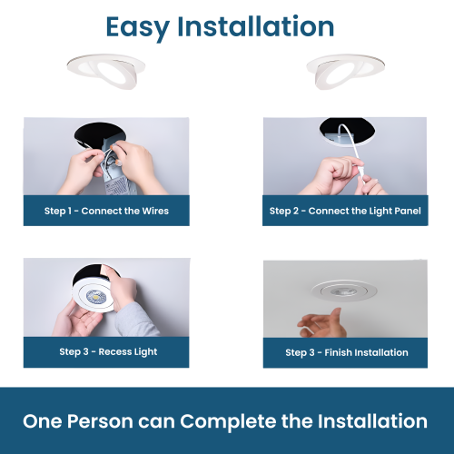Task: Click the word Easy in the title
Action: [138, 28]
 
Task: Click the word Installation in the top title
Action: [256, 26]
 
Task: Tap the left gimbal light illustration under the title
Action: [106, 71]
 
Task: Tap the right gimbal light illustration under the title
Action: [346, 71]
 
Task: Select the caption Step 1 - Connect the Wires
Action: [106, 211]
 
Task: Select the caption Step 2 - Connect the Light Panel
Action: [345, 211]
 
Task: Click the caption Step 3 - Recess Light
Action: [108, 351]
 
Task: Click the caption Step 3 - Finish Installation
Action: [347, 352]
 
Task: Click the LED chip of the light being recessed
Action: [96, 297]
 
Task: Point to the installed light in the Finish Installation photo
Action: [344, 290]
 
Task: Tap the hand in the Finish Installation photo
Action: [323, 323]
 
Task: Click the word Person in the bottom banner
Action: [100, 421]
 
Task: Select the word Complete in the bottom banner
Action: [228, 422]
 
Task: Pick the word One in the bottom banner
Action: [43, 421]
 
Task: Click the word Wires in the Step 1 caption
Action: [155, 211]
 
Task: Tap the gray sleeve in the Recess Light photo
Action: [138, 321]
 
